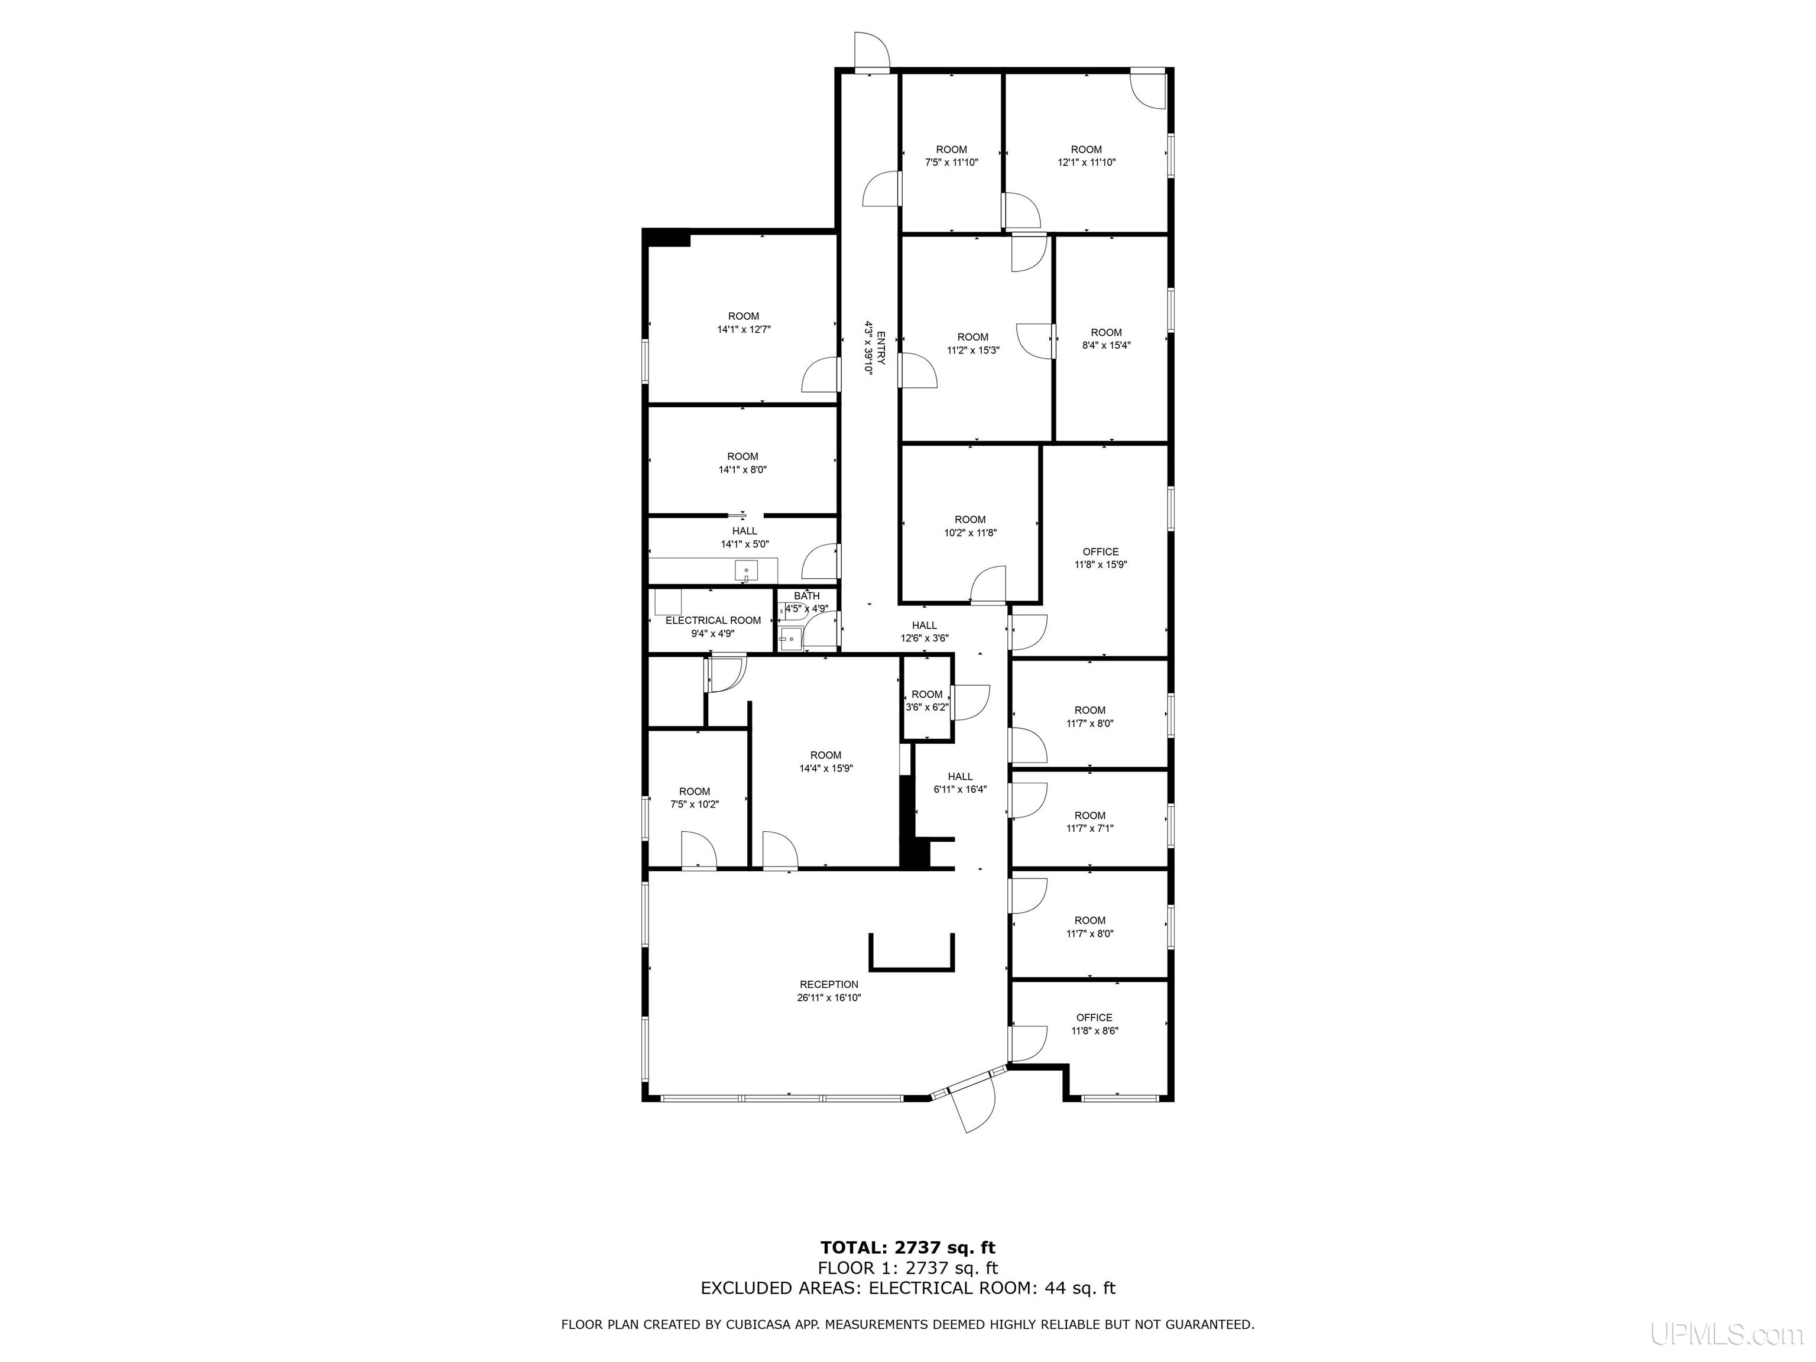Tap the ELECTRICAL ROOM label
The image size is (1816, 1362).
712,621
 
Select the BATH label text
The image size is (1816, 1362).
806,596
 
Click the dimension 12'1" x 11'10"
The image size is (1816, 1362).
1086,163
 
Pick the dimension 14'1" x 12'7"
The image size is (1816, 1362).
744,329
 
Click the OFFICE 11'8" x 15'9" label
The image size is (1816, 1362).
1100,558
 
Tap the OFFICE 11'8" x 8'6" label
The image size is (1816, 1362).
1094,1024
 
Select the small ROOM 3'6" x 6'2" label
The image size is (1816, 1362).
927,701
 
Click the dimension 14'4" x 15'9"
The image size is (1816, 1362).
826,768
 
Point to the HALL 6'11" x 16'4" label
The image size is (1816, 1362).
959,783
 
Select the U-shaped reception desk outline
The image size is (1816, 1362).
912,967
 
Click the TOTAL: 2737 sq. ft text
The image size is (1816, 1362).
907,1248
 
